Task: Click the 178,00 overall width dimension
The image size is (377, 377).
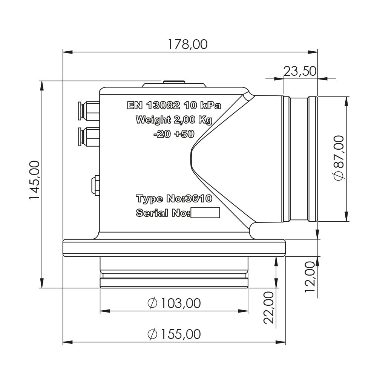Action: point(187,44)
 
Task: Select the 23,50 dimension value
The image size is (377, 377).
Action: point(300,71)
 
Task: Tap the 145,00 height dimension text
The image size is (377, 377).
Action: point(35,180)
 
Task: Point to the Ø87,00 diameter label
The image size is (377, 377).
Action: point(339,158)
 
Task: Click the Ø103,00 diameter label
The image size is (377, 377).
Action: point(174,303)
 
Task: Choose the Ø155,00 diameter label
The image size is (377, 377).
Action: point(174,334)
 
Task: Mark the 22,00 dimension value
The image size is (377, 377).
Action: point(269,308)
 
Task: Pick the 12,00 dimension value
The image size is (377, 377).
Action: point(310,277)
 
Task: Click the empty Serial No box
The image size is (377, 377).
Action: point(205,213)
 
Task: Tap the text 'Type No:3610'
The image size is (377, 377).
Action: point(174,199)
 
